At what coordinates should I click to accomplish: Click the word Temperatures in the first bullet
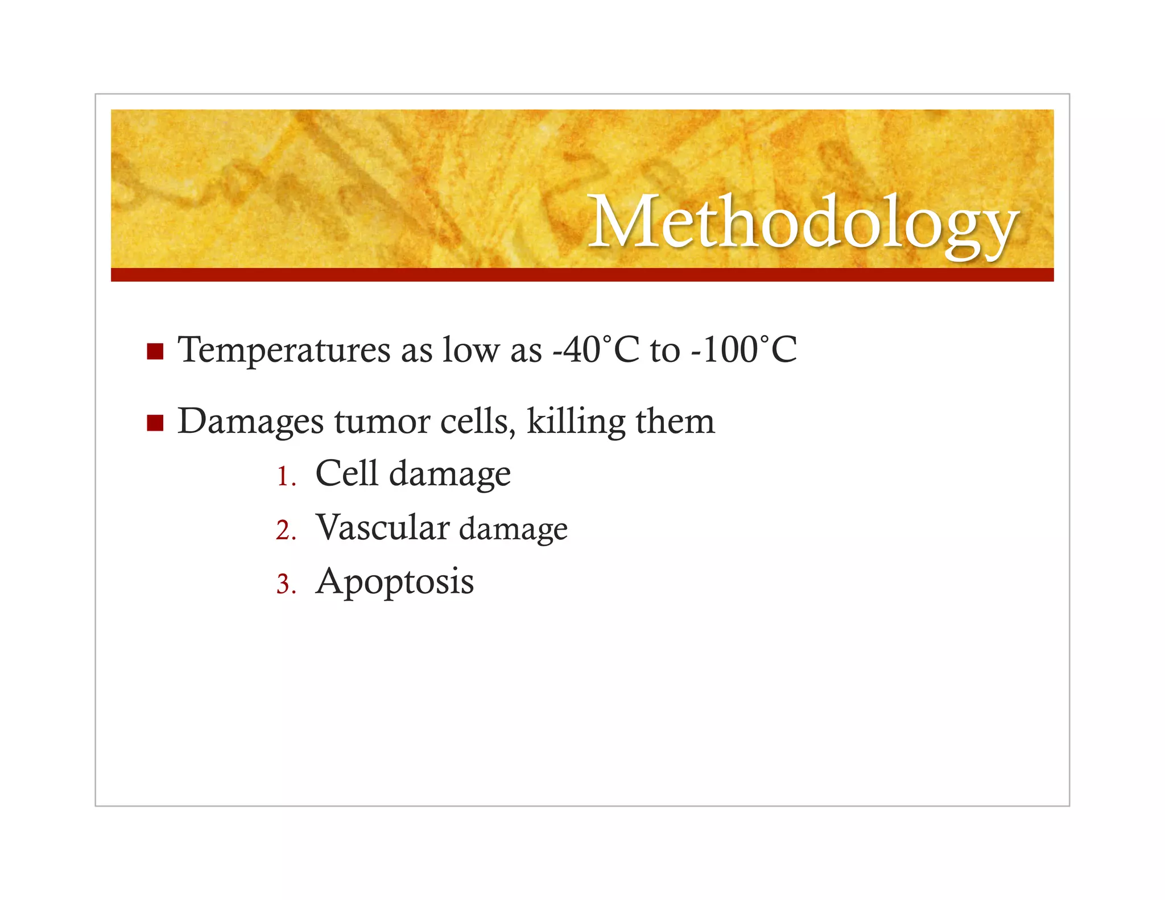click(283, 350)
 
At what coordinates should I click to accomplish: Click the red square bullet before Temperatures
click(155, 352)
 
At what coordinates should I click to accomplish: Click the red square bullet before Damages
click(155, 423)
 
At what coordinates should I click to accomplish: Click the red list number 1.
click(285, 477)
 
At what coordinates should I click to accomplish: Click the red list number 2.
click(285, 530)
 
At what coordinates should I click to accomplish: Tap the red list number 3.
click(285, 584)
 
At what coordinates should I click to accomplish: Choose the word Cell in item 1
click(346, 473)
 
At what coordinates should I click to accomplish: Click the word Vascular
click(383, 527)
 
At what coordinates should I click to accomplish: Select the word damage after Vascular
click(513, 530)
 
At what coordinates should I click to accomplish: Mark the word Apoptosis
click(395, 582)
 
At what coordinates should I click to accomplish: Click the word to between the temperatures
click(664, 350)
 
